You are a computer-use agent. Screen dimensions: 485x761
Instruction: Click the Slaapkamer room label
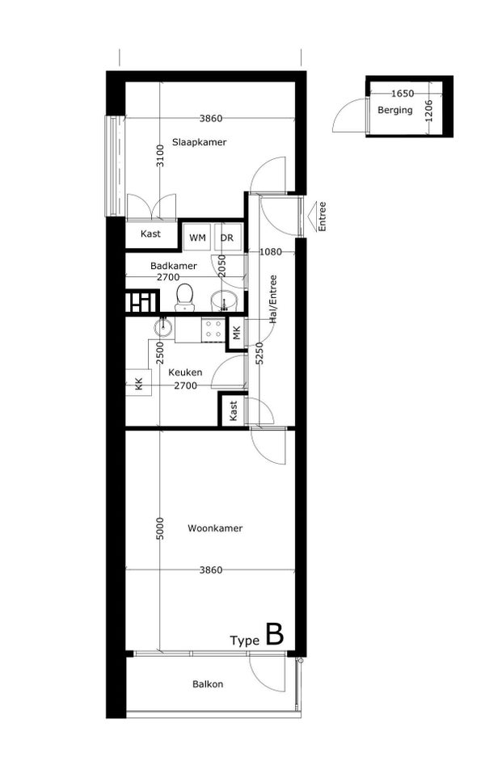(199, 142)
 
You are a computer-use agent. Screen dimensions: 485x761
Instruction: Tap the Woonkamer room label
(215, 528)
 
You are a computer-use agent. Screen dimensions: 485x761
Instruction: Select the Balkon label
(208, 684)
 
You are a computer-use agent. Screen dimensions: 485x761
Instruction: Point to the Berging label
(395, 110)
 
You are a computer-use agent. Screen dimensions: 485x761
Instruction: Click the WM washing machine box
(197, 238)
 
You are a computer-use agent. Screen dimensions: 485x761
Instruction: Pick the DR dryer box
(227, 238)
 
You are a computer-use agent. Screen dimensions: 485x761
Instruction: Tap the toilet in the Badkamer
(185, 297)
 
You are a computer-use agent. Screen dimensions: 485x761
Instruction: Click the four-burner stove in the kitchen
(213, 329)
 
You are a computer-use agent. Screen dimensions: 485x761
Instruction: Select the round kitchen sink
(163, 326)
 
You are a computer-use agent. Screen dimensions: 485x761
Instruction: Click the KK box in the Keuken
(139, 382)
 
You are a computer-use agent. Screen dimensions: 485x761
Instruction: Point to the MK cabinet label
(236, 334)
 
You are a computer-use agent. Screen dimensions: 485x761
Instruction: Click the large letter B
(274, 634)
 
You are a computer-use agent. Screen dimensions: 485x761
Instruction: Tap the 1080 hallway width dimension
(271, 252)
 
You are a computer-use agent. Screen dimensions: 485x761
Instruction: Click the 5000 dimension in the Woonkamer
(160, 528)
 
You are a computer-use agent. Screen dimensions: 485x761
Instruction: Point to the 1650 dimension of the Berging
(403, 93)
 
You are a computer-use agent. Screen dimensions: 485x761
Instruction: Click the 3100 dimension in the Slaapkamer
(160, 156)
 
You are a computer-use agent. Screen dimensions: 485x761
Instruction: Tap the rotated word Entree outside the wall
(322, 217)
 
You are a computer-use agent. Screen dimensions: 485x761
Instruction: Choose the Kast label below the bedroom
(150, 234)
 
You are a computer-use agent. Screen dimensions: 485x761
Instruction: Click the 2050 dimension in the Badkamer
(221, 266)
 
